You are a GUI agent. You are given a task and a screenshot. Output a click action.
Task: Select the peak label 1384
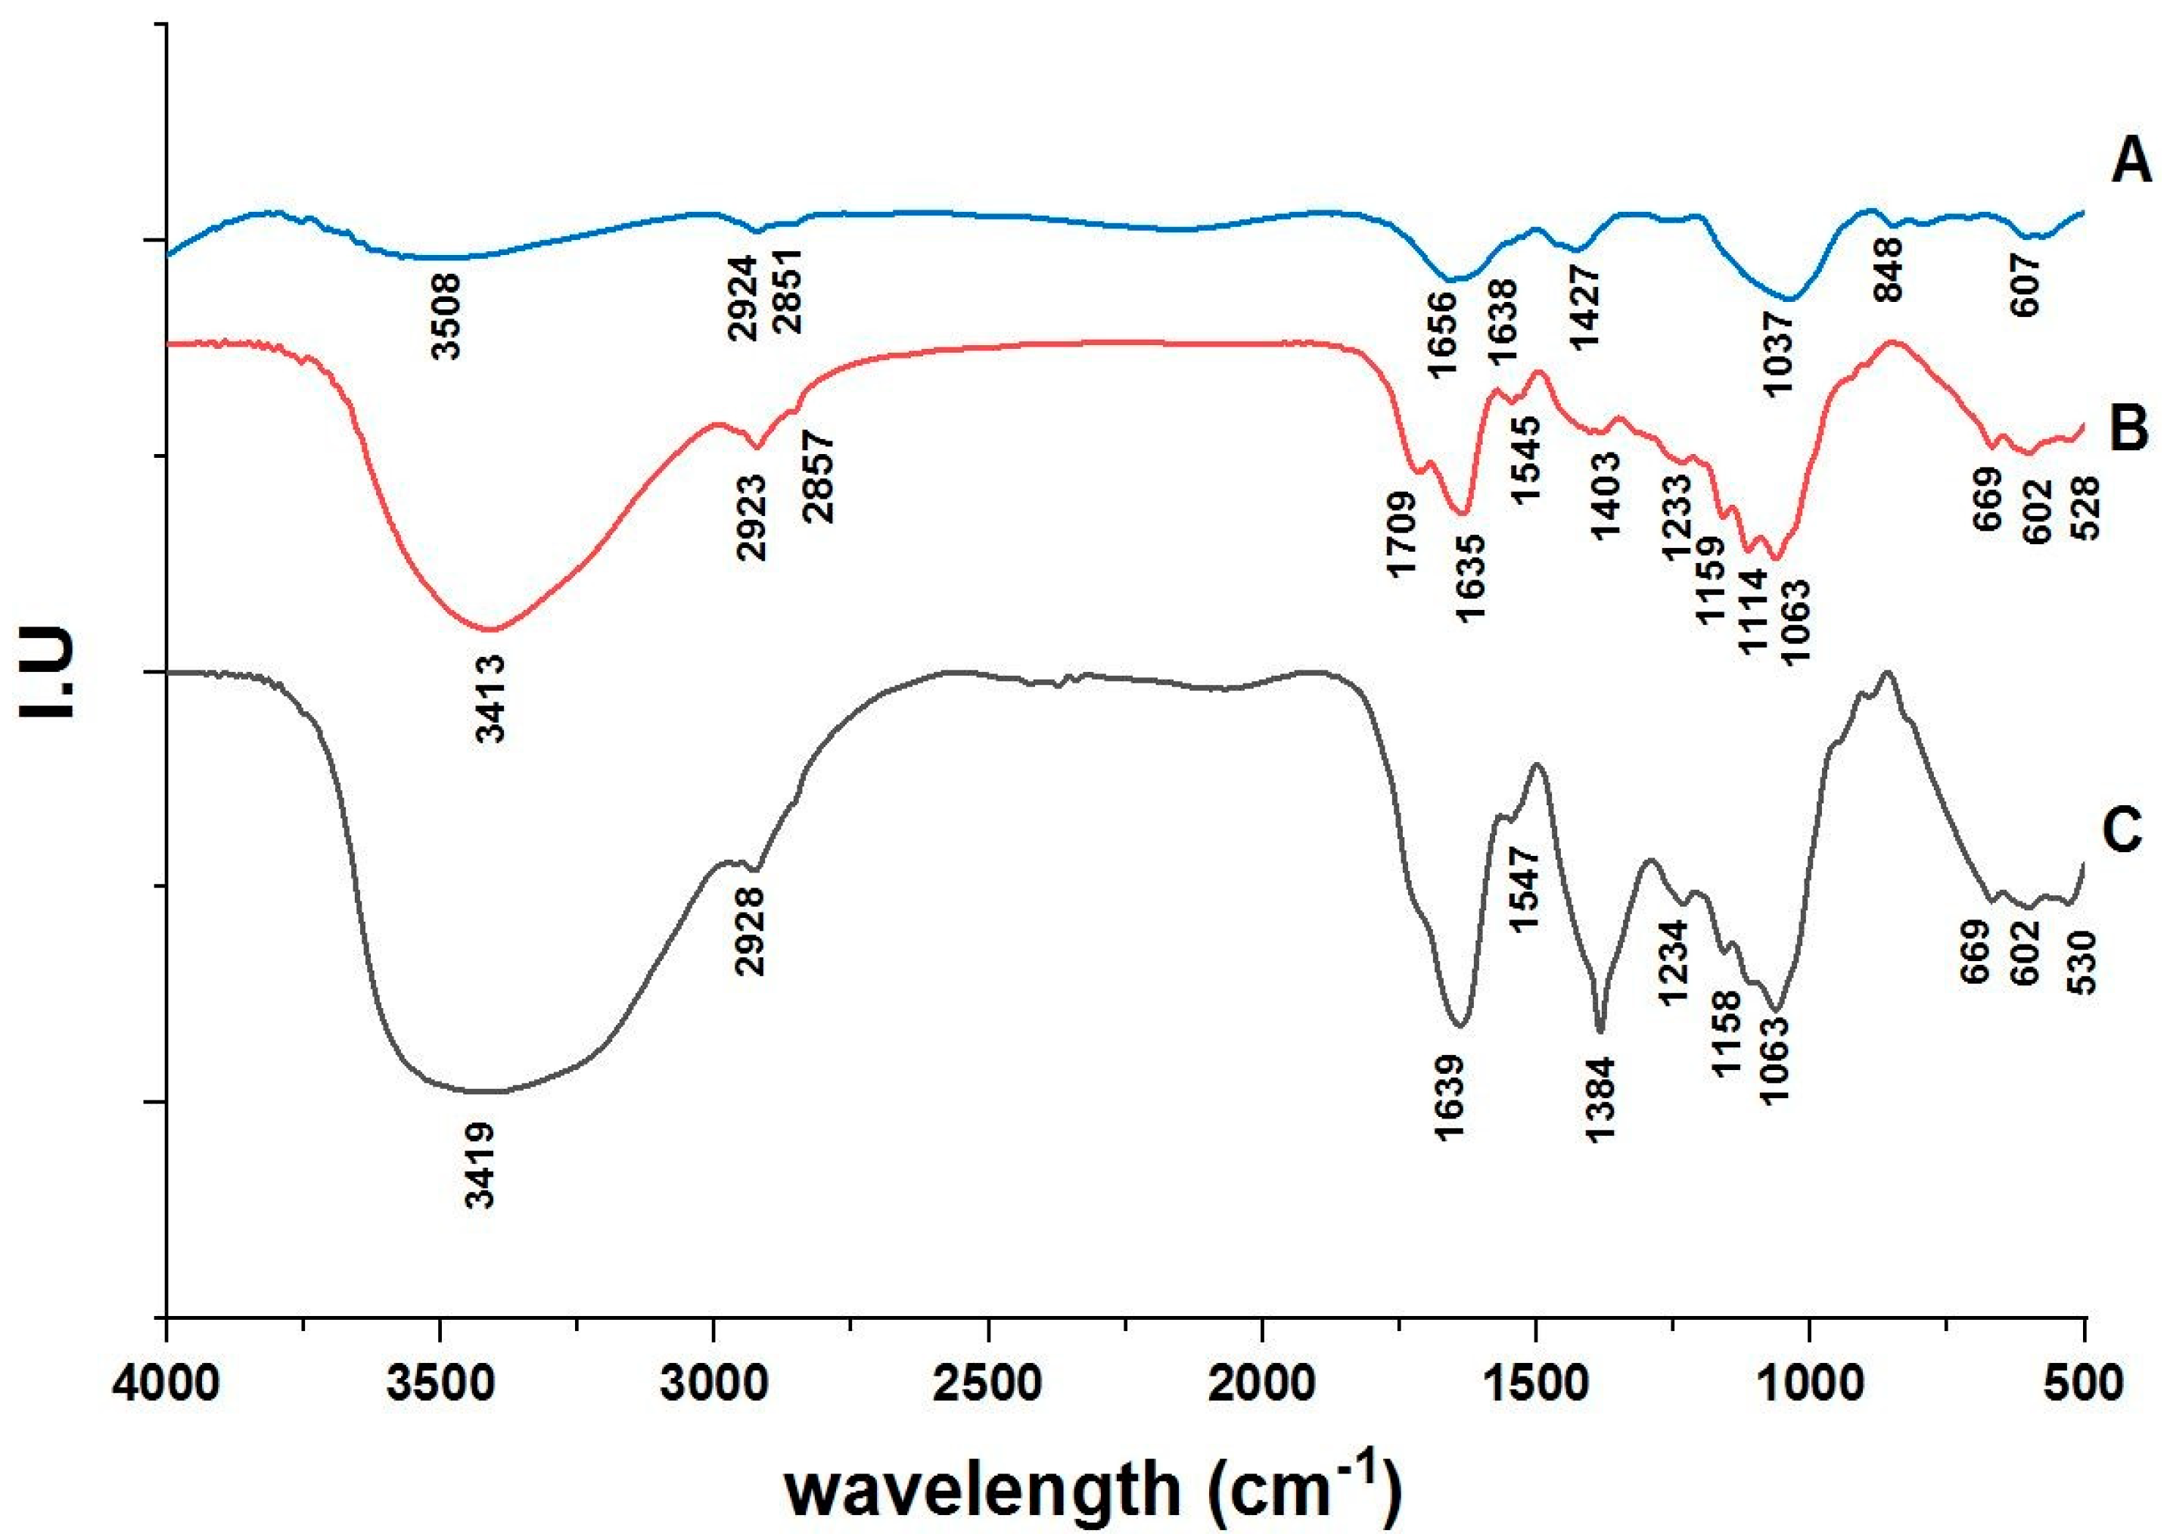click(x=1600, y=1100)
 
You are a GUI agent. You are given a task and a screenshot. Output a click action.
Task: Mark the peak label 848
click(x=1887, y=269)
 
